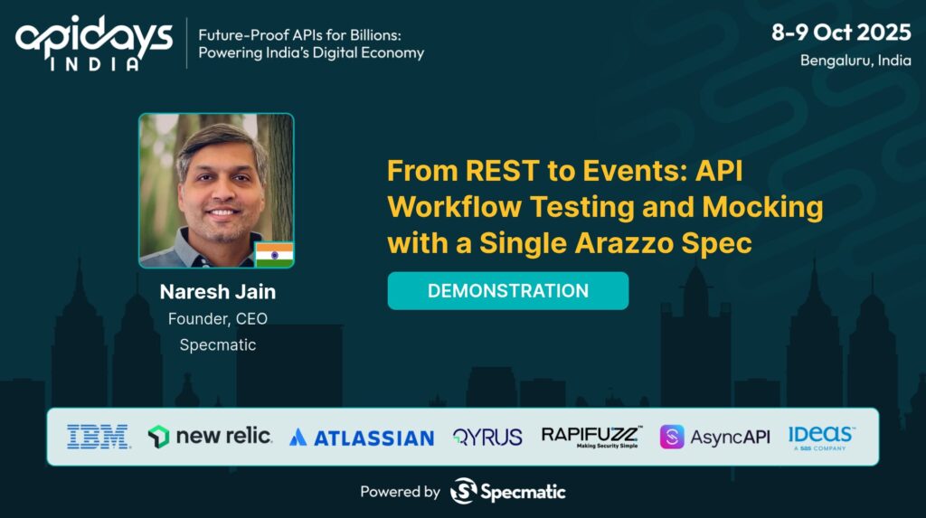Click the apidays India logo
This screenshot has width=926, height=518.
tap(94, 43)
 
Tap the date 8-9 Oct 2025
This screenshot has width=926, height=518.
tap(841, 32)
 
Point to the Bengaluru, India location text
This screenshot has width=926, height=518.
tap(855, 61)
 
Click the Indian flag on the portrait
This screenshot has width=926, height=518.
tap(274, 255)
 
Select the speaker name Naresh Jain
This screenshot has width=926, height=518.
tap(217, 292)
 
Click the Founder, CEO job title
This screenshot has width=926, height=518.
tap(217, 319)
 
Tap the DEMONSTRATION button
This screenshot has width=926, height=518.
tap(508, 290)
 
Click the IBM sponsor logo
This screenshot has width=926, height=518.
tap(98, 437)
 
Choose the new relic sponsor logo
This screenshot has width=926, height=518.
tap(210, 437)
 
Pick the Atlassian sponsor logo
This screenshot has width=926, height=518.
tap(362, 438)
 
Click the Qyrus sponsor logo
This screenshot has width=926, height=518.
tap(487, 437)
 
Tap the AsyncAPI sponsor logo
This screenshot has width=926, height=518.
tap(714, 437)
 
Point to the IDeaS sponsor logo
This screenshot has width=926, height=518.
tap(821, 438)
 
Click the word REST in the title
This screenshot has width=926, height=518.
tap(502, 171)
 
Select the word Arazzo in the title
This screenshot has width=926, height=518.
tap(624, 243)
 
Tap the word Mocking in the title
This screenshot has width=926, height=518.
tap(762, 207)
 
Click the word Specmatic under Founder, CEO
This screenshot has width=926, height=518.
tap(217, 345)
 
